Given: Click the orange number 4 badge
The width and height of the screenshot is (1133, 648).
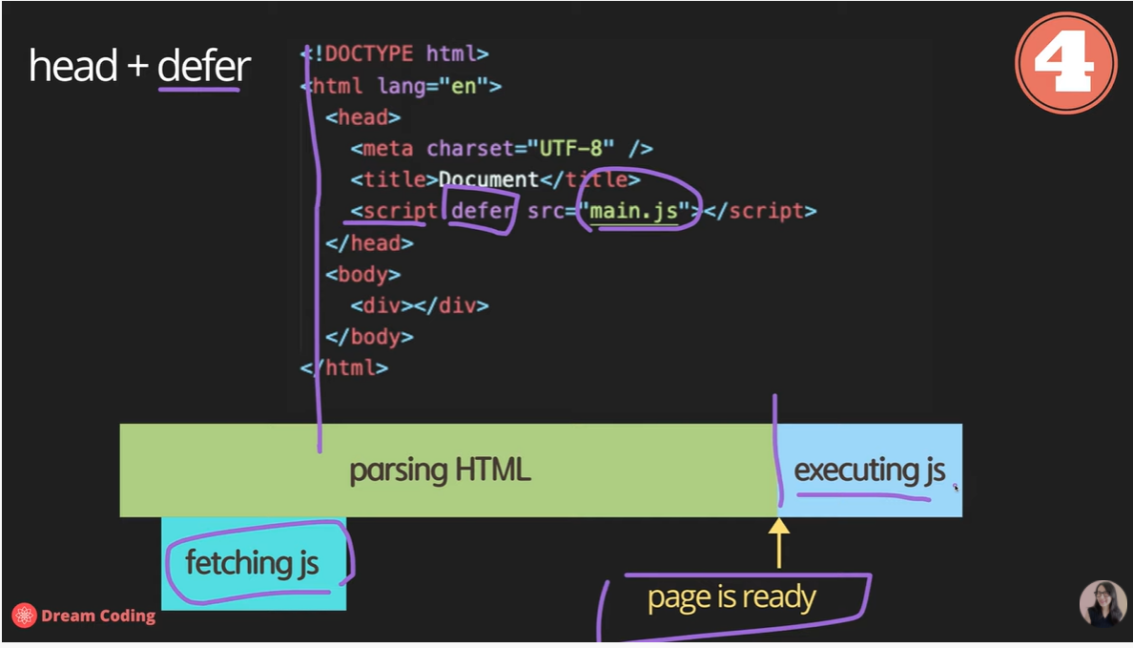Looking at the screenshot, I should [x=1065, y=64].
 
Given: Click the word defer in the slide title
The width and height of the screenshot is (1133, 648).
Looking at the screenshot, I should [x=203, y=67].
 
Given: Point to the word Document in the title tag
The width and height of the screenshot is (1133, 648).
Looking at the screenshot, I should [x=488, y=179].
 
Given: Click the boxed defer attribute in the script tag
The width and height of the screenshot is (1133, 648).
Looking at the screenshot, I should [x=483, y=211].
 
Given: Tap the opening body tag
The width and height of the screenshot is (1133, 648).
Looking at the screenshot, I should [x=362, y=274].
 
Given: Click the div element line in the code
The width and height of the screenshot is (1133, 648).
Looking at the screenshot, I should [x=419, y=305].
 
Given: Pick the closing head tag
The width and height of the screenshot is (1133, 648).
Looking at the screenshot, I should [x=369, y=242].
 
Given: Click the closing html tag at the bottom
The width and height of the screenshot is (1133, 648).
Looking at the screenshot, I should [x=345, y=367].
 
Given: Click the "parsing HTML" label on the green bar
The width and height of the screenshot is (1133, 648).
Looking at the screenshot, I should [x=440, y=470].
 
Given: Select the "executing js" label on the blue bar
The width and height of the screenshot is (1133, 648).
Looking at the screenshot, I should [x=870, y=470].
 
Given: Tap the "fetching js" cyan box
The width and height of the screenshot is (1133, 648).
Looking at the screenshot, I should [x=253, y=563].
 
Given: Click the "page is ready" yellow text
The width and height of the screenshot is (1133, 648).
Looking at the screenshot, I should [x=731, y=598].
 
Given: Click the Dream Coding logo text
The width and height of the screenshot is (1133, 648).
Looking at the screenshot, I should [x=98, y=616].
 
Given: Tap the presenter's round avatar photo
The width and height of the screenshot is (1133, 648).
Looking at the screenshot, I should [x=1102, y=603].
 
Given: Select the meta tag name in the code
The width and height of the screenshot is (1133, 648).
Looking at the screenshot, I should [x=387, y=149].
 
